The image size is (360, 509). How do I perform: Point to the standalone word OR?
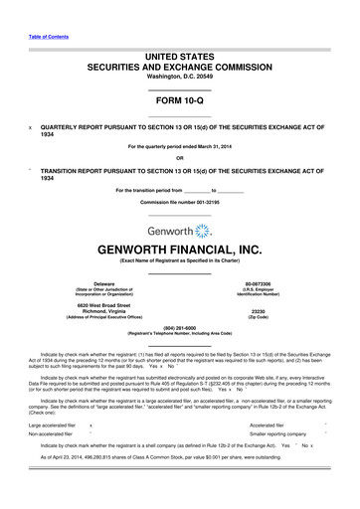pyautogui.click(x=179, y=157)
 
